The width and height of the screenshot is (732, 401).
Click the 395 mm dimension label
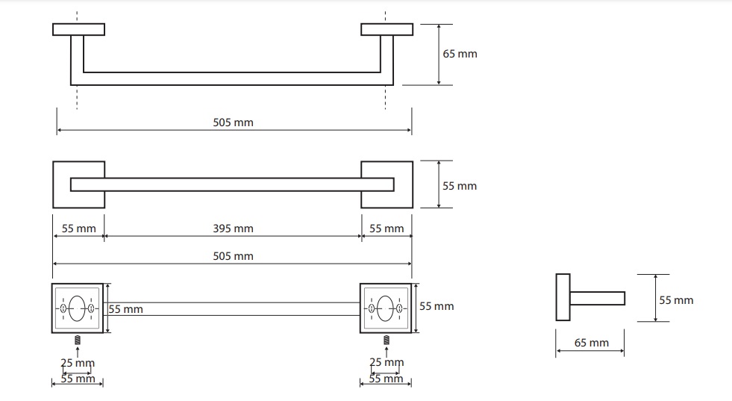(233, 229)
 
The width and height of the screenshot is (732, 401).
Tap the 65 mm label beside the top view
(460, 54)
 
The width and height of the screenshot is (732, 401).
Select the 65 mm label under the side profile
(592, 343)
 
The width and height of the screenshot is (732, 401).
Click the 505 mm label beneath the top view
(233, 122)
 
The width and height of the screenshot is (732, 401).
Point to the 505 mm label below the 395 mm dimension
(233, 256)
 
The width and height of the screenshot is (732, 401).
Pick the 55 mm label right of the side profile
(676, 300)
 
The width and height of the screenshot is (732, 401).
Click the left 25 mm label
(78, 363)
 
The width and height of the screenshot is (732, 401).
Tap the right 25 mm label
(387, 361)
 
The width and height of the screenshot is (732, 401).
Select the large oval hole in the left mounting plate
(77, 308)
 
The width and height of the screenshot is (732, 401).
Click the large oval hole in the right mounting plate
(385, 308)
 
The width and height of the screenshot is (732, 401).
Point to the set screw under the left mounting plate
(78, 341)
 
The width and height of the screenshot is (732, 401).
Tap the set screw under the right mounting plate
(387, 341)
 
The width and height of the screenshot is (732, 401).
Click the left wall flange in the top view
(79, 29)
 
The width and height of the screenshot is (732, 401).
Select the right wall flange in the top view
(387, 29)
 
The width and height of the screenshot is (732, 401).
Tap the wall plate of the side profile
(563, 297)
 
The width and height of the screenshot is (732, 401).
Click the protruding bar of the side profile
(598, 298)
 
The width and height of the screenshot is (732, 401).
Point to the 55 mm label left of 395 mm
(78, 229)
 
